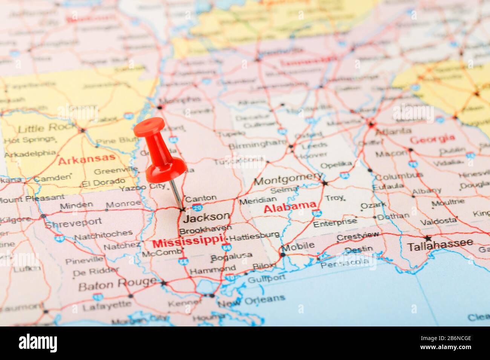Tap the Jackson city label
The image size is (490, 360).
(207, 217)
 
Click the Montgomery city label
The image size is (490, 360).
(288, 179)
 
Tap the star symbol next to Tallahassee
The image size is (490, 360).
(428, 238)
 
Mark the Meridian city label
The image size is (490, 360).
(258, 201)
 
